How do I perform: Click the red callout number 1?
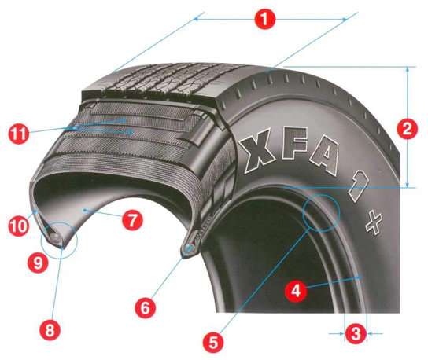click(x=264, y=19)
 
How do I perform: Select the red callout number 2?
click(x=407, y=129)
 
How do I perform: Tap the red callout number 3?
click(x=356, y=333)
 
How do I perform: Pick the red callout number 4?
click(x=296, y=291)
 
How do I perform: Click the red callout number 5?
click(x=213, y=343)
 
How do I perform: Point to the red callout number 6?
click(x=146, y=308)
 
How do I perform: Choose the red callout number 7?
click(x=132, y=220)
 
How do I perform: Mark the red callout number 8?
click(x=50, y=330)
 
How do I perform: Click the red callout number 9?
click(x=38, y=263)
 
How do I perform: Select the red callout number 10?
click(x=19, y=226)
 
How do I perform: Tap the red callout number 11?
click(x=19, y=134)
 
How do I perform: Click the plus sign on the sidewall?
click(x=374, y=222)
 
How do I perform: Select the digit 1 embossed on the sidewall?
click(x=357, y=186)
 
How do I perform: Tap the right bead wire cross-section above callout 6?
click(x=189, y=248)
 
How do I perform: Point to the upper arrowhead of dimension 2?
click(x=408, y=69)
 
